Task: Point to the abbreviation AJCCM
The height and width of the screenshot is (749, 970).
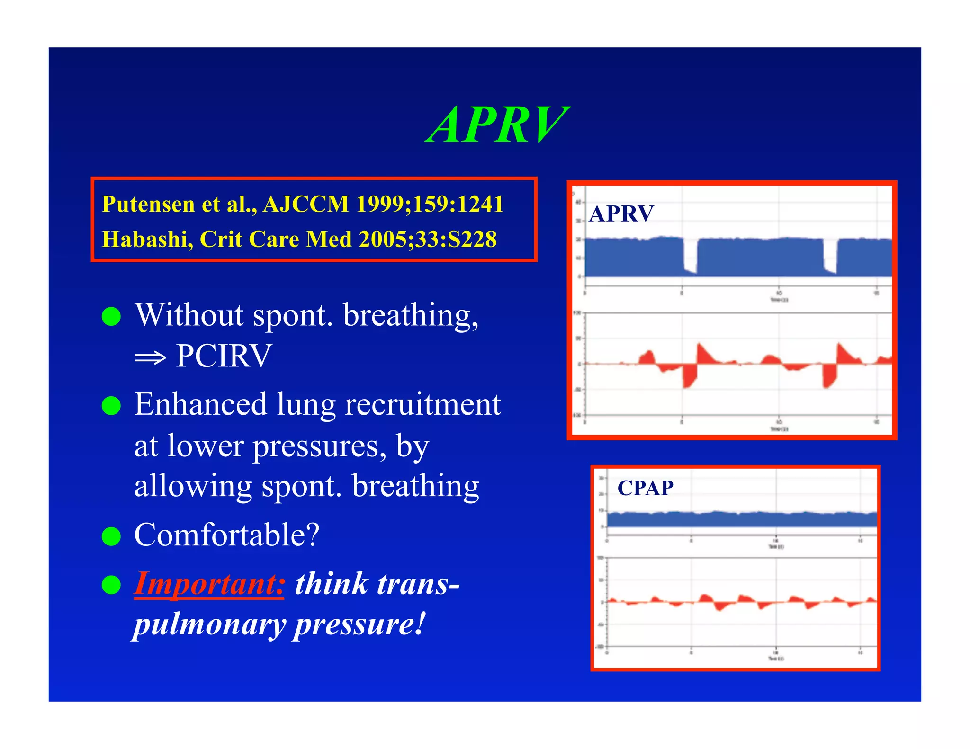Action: [x=306, y=205]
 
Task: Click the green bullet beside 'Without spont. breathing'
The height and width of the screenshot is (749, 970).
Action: [x=111, y=316]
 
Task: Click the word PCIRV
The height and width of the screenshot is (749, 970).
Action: [x=224, y=356]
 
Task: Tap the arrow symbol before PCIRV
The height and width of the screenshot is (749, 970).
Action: [x=150, y=357]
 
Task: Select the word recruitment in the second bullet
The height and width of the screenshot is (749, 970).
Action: [x=422, y=405]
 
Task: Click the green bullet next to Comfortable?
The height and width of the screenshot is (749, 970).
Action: [x=111, y=536]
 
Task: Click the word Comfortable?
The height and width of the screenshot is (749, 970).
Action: [x=227, y=535]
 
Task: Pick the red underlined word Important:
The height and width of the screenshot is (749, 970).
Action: [x=209, y=583]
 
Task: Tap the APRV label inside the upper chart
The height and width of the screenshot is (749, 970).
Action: [x=621, y=214]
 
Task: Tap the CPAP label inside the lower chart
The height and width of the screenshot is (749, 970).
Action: [x=645, y=488]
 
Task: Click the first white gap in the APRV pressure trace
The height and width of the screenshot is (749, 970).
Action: [x=690, y=256]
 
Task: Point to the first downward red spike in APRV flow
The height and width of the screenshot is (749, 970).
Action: [x=689, y=376]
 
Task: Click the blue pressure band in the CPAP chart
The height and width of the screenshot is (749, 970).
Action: [x=741, y=519]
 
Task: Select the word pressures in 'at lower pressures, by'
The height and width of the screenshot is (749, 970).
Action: [x=320, y=446]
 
